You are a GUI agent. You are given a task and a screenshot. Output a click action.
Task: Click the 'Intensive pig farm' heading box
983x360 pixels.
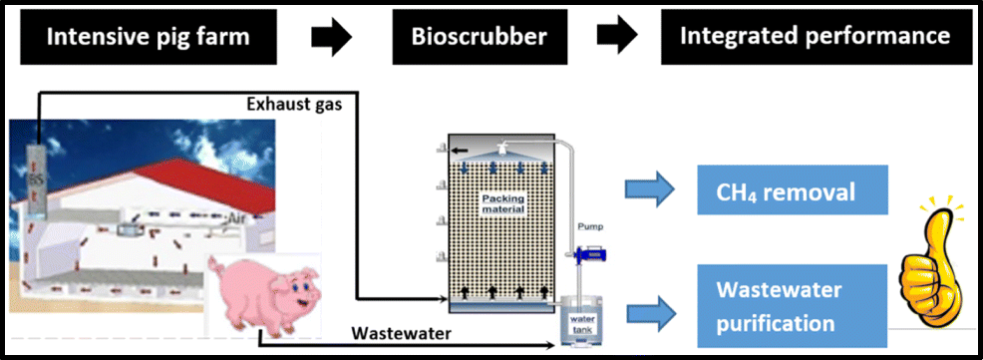(x=149, y=37)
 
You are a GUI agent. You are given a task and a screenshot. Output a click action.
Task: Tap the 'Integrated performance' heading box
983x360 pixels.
(x=815, y=37)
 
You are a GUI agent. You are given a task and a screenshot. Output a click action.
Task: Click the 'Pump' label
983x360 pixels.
(x=592, y=226)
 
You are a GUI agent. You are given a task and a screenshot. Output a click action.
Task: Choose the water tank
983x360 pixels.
(x=582, y=321)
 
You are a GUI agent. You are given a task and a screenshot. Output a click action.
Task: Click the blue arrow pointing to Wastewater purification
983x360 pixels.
(x=651, y=307)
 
